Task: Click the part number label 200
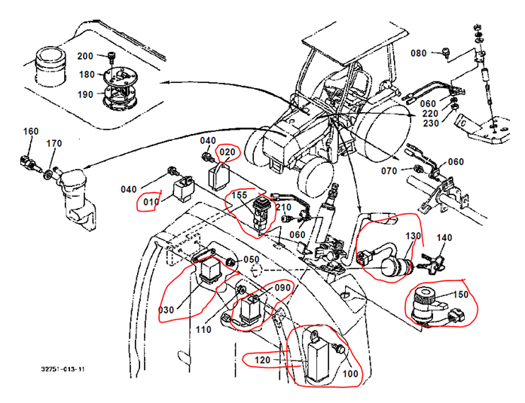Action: click(x=86, y=56)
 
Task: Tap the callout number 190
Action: click(x=86, y=94)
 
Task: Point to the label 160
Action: click(x=31, y=131)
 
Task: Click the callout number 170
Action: click(x=54, y=143)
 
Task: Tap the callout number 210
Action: click(x=283, y=206)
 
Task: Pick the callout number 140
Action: click(x=445, y=238)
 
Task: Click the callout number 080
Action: click(x=420, y=53)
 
